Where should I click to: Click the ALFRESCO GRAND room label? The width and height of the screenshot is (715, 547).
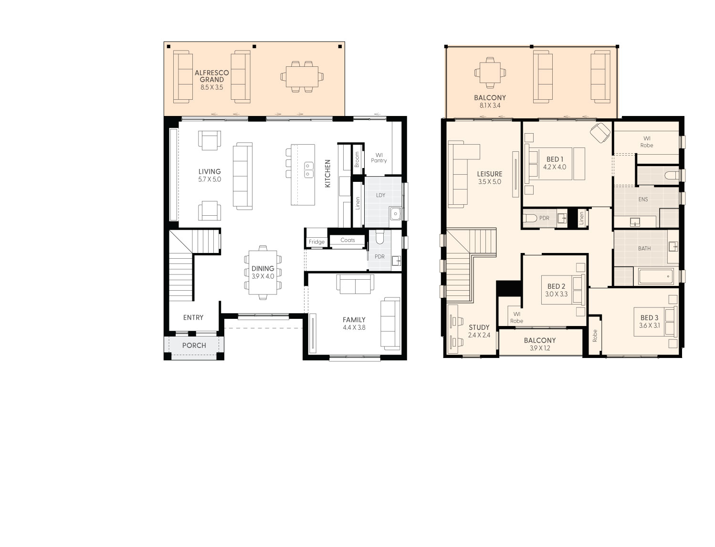pyautogui.click(x=211, y=76)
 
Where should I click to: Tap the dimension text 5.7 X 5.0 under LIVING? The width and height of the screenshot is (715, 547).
pyautogui.click(x=210, y=179)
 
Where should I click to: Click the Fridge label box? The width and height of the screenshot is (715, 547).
pyautogui.click(x=316, y=242)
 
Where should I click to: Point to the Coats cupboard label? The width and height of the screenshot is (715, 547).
pyautogui.click(x=347, y=240)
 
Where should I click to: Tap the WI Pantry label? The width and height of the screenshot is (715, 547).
pyautogui.click(x=379, y=158)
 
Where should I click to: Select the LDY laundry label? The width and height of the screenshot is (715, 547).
pyautogui.click(x=380, y=195)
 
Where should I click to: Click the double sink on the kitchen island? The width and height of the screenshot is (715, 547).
pyautogui.click(x=309, y=169)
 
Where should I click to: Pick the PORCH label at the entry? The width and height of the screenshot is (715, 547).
pyautogui.click(x=194, y=345)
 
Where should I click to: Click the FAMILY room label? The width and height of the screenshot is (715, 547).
pyautogui.click(x=354, y=320)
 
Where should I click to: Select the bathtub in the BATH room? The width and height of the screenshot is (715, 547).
pyautogui.click(x=656, y=276)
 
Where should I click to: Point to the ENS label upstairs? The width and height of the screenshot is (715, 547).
pyautogui.click(x=643, y=200)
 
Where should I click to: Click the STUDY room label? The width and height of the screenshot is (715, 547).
pyautogui.click(x=479, y=327)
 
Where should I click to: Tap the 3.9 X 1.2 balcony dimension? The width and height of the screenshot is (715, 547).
pyautogui.click(x=539, y=348)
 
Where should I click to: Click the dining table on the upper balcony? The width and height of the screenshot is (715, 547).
pyautogui.click(x=490, y=73)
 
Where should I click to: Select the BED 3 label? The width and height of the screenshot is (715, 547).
pyautogui.click(x=649, y=318)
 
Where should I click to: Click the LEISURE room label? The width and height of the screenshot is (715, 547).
pyautogui.click(x=490, y=174)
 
